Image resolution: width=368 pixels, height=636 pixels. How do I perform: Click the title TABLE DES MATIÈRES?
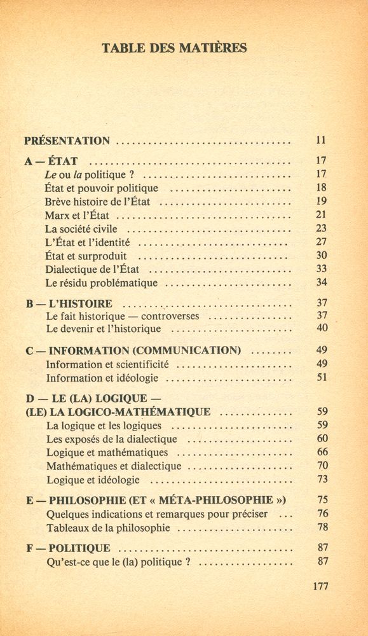174,48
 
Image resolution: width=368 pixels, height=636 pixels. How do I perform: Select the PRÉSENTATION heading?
67,141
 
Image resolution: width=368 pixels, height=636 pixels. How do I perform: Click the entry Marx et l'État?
77,216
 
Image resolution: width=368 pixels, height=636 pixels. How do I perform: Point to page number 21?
321,215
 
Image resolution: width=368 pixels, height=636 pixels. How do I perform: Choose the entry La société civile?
81,229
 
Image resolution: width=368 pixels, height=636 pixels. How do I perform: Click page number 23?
321,228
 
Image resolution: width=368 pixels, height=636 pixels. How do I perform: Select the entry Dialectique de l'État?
93,269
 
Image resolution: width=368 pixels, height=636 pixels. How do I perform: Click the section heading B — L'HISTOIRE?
69,304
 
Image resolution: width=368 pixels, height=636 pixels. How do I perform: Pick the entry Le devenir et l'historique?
104,329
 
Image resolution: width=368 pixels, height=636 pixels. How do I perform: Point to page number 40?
322,328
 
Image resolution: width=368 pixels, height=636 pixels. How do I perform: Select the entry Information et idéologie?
102,378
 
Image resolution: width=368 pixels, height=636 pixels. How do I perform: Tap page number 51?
322,377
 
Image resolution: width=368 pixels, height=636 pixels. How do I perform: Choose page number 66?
322,452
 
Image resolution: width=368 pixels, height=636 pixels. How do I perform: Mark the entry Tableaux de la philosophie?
108,528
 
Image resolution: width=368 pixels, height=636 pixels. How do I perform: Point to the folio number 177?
320,586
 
